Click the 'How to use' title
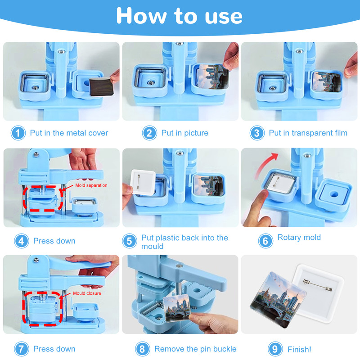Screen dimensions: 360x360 coord(179,16)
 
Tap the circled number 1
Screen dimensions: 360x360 coord(18,133)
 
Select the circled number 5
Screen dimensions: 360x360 coord(130,241)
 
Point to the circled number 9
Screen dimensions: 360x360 coord(275,349)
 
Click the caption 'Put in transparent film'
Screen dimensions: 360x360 coord(308,133)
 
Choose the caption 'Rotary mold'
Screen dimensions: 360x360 coord(299,237)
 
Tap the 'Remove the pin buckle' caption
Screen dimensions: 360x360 coord(195,349)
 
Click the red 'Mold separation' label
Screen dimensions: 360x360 coord(91,185)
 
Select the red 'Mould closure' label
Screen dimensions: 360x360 coord(87,293)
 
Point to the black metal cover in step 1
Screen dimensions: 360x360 coord(102,87)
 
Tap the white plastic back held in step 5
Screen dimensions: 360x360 coord(143,182)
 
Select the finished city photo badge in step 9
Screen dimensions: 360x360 coord(278,300)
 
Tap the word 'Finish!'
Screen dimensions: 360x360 coord(299,350)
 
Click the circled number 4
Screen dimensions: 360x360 coord(22,241)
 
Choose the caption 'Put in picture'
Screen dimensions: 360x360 coord(185,133)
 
